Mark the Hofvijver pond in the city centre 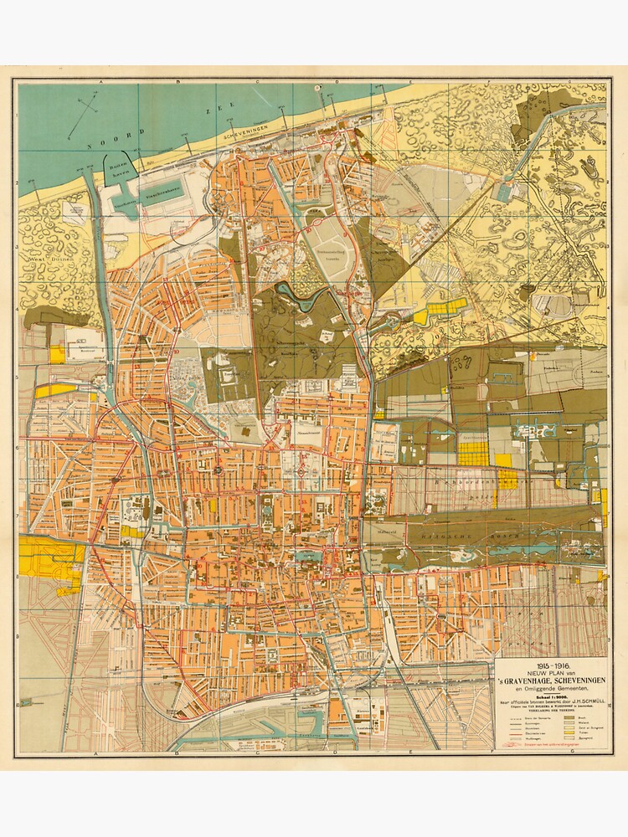tap(309, 555)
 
